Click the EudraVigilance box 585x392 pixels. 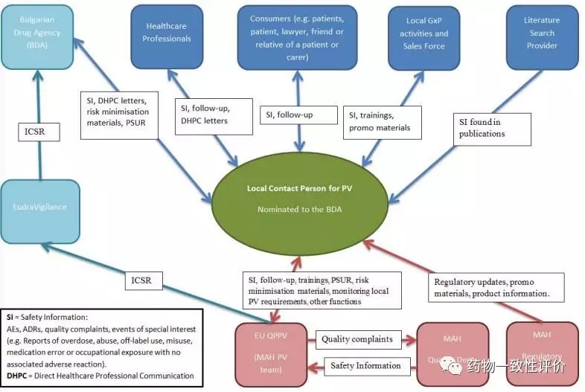[39, 211]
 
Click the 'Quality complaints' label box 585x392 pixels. [357, 339]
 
